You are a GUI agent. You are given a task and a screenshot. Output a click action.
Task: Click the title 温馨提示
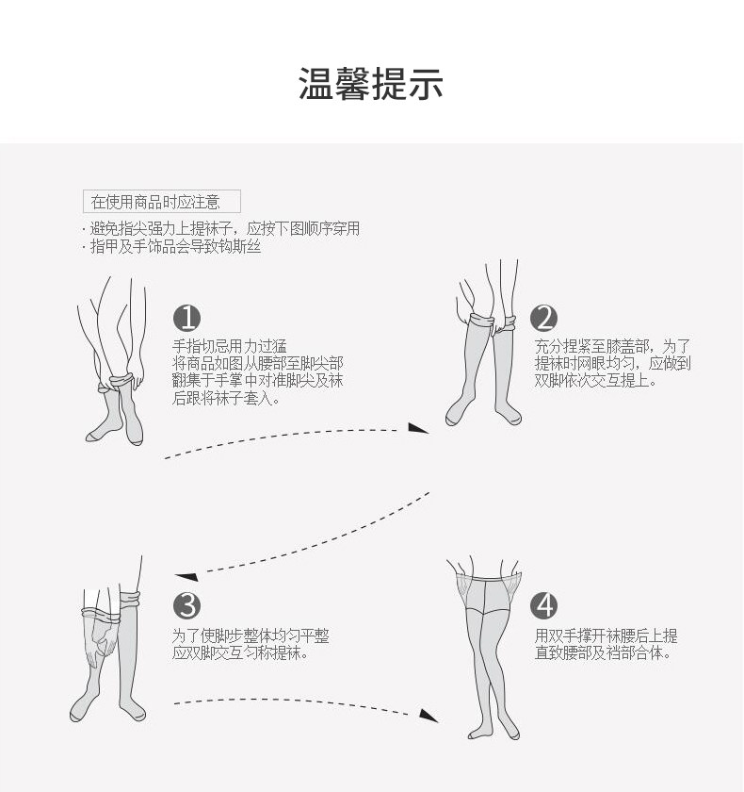point(371,84)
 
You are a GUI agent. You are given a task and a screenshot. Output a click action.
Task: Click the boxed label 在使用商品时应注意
point(161,201)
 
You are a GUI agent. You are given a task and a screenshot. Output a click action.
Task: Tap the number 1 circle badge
point(186,317)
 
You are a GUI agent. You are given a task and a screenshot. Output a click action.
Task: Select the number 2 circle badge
point(543,318)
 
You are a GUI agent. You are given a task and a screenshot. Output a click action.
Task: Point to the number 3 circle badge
point(186,604)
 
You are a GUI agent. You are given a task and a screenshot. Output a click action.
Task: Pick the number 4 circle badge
point(543,604)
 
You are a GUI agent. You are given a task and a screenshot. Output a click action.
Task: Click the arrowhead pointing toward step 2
point(417,429)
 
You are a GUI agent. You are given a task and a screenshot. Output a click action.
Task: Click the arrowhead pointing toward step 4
point(429,715)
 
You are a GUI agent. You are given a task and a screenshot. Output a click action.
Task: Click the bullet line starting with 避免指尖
point(223,228)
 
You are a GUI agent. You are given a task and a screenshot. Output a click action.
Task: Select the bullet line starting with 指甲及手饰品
point(173,247)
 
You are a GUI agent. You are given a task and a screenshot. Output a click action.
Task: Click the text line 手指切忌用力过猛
point(230,345)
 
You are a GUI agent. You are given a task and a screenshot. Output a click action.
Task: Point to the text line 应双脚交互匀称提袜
point(240,652)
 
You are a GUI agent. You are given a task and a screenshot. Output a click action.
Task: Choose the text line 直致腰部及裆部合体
point(603,652)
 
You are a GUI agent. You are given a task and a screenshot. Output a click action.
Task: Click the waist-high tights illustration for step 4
point(488,651)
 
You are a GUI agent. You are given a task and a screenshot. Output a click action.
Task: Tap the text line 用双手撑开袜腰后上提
point(606,635)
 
